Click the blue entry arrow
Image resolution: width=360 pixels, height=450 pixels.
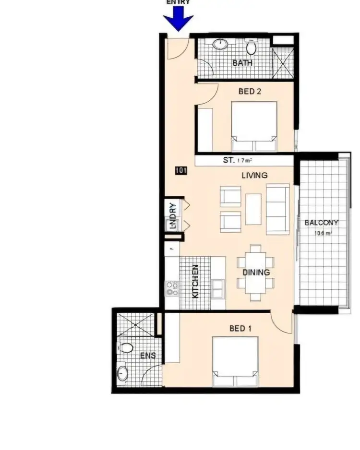point(178,19)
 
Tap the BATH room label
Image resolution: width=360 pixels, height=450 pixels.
point(242,63)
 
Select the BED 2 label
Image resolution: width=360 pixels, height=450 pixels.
point(249,91)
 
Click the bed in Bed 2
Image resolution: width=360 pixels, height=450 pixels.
point(254,126)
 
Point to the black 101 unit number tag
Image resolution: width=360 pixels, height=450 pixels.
point(181,170)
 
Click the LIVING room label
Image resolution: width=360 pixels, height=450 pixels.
point(254,176)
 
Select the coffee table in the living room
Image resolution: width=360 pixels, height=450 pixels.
point(253,209)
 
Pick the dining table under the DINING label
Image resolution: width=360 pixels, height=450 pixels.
point(255,272)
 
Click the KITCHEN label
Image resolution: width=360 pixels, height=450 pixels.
point(195,282)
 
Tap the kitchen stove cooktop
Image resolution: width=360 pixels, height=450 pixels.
point(172,288)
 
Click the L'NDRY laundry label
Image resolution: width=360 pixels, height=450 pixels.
point(172,216)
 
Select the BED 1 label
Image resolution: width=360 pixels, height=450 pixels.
point(240,329)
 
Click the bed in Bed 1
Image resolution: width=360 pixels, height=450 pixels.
point(235,361)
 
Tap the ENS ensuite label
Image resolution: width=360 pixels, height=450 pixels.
point(145,356)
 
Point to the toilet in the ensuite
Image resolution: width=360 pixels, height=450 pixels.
point(127,347)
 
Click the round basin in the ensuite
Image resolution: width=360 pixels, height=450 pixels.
point(123,373)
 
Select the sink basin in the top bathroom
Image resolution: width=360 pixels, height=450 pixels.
point(220,45)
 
